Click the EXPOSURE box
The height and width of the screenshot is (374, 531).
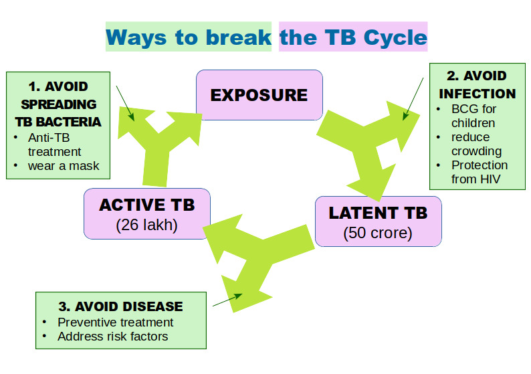coord(259,95)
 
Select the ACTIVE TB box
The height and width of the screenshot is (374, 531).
coord(146,213)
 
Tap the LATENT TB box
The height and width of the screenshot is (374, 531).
coord(378,221)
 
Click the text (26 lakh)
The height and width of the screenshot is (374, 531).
coord(146,225)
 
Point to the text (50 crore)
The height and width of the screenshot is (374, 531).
coord(378,233)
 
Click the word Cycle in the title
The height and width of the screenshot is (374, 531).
coord(395,37)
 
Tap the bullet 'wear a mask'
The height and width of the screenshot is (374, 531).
coord(63,165)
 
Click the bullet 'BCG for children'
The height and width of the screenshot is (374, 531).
coord(473,116)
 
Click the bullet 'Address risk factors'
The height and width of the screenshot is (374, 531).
coord(112,336)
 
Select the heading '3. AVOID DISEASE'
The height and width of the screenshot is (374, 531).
coord(120,306)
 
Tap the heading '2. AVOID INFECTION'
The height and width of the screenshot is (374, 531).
coord(477,85)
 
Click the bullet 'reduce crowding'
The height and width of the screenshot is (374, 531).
coord(476,144)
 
